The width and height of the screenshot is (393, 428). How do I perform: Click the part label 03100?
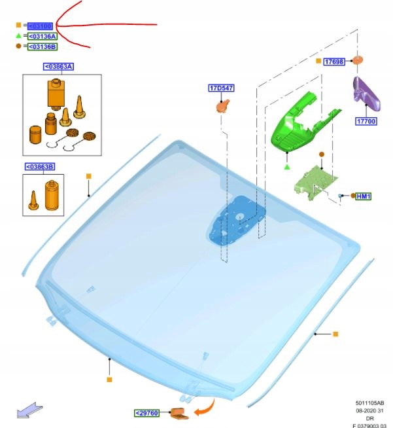[40, 26]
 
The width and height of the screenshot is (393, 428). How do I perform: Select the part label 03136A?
[42, 36]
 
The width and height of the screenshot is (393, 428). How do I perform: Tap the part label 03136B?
[42, 46]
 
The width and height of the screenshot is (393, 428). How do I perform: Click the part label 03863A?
[58, 67]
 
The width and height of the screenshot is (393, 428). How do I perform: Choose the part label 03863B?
[40, 167]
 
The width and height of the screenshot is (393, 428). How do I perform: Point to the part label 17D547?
[222, 88]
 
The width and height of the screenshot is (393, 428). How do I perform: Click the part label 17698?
[335, 61]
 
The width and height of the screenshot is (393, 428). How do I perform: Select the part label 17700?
[366, 121]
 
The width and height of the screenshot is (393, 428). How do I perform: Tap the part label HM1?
[364, 196]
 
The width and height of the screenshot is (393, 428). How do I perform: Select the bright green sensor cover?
[296, 122]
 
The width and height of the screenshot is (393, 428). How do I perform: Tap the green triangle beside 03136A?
[20, 36]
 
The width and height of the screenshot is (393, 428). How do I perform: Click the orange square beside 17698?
[318, 61]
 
